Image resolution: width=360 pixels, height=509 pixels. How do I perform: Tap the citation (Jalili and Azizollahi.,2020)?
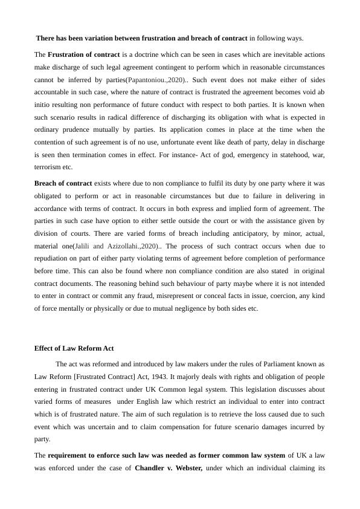coord(117,246)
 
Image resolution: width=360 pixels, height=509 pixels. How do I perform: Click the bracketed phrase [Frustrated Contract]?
coord(103,377)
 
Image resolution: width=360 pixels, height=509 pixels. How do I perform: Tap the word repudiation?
coord(55,259)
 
